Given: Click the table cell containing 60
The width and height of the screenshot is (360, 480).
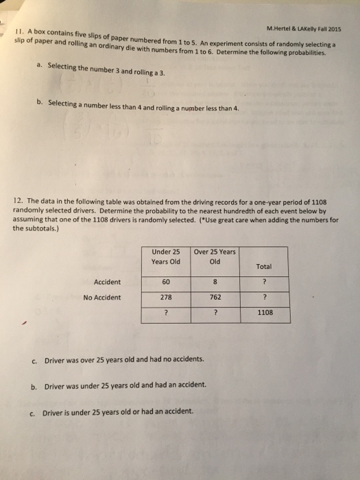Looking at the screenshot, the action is click(x=165, y=281).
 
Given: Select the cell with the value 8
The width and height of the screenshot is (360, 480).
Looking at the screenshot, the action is click(x=215, y=281).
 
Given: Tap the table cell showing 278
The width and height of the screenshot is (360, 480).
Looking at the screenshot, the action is click(x=165, y=298).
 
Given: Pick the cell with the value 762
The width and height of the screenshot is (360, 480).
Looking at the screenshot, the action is click(x=215, y=298).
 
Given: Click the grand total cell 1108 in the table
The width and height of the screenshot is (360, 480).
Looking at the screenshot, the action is click(x=265, y=313).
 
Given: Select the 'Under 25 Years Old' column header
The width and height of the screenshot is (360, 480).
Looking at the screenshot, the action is click(x=165, y=256).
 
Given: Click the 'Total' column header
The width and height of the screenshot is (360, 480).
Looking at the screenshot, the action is click(x=265, y=266).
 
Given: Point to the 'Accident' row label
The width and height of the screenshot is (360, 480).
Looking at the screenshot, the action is click(x=107, y=281).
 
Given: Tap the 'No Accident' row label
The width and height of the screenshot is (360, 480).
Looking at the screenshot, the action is click(x=101, y=298).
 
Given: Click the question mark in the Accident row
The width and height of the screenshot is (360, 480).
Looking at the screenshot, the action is click(x=265, y=281).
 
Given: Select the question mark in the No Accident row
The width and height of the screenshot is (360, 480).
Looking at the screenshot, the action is click(x=265, y=298).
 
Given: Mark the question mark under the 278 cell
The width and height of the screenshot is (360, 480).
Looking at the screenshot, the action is click(x=165, y=313).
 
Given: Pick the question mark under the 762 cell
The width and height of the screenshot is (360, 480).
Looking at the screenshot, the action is click(x=215, y=313).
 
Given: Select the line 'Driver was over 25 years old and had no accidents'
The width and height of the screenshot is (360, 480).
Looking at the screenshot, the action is click(x=123, y=360).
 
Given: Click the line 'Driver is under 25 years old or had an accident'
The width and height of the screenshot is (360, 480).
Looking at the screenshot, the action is click(x=119, y=413).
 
